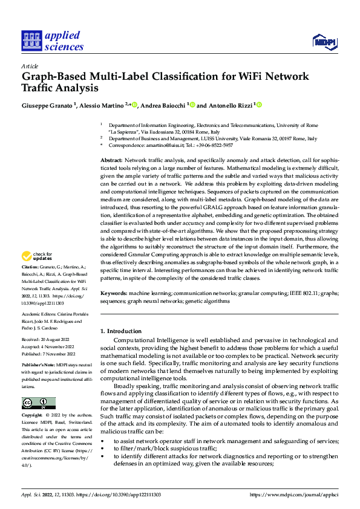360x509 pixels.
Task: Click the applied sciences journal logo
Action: point(52,41)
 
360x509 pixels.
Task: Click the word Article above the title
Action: point(30,66)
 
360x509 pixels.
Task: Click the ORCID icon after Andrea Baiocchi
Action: point(192,105)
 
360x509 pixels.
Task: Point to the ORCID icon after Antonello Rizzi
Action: point(259,105)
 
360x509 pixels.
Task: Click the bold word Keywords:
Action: point(113,293)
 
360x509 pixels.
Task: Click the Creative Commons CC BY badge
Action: point(39,403)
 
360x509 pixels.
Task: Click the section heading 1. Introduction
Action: point(121,331)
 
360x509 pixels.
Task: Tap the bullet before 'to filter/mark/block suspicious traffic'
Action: point(102,449)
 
